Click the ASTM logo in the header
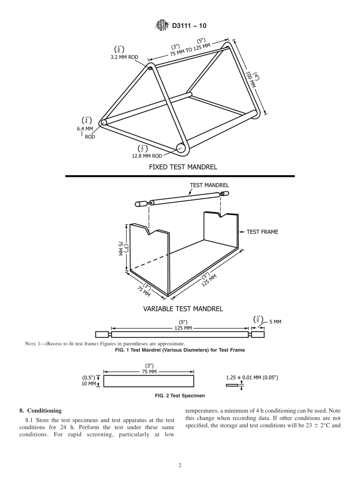(x=162, y=26)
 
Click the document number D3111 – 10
(x=189, y=26)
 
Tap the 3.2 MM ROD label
(x=124, y=57)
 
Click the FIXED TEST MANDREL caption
(x=183, y=167)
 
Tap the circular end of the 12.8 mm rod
(x=182, y=148)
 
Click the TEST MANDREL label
(x=209, y=185)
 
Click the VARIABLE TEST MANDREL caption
(x=183, y=309)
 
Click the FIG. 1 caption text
(x=180, y=350)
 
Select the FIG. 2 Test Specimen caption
(x=180, y=396)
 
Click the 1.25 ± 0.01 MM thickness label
(x=252, y=378)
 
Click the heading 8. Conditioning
(x=41, y=410)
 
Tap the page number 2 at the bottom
(x=180, y=466)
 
